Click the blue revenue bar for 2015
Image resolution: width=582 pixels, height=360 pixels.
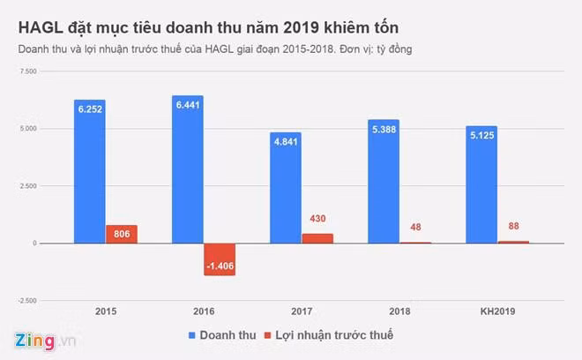pyautogui.click(x=90, y=171)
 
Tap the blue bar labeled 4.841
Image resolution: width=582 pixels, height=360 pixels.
pyautogui.click(x=286, y=187)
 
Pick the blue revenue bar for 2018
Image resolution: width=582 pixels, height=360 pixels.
pyautogui.click(x=384, y=181)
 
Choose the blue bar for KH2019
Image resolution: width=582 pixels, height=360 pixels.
pyautogui.click(x=481, y=184)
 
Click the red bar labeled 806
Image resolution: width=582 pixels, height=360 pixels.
pyautogui.click(x=122, y=234)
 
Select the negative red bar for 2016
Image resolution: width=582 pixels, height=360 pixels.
pyautogui.click(x=220, y=259)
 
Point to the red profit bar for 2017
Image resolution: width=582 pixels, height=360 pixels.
pyautogui.click(x=317, y=238)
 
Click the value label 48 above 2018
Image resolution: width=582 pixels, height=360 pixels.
pyautogui.click(x=415, y=227)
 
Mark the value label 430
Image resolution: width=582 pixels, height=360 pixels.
pyautogui.click(x=317, y=218)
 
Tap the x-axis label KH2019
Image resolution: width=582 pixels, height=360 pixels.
pyautogui.click(x=497, y=311)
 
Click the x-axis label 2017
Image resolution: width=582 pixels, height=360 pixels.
pyautogui.click(x=302, y=311)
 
